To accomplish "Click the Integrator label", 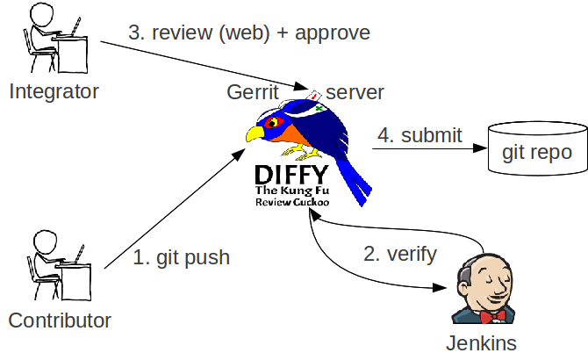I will point(54,90).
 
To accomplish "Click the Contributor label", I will point(60,320).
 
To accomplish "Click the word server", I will point(355,91).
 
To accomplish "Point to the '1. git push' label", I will point(182,257).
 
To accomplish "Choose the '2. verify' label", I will point(399,255).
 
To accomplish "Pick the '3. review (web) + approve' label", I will point(249,33).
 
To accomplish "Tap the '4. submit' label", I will point(419,135).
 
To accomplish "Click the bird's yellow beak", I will point(255,134).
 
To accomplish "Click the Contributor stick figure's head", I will point(44,241).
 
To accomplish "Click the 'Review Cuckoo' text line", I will point(292,202).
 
